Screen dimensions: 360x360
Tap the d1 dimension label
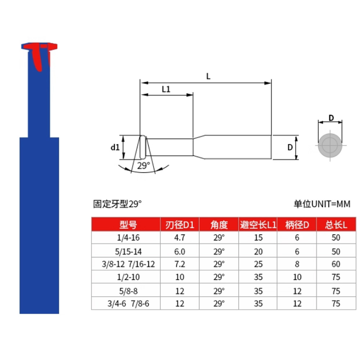(115, 147)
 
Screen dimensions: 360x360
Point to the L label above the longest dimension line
(208, 76)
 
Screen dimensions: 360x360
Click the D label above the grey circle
(331, 118)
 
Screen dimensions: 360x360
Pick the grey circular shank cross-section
(330, 145)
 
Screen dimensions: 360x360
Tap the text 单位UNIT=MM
(322, 204)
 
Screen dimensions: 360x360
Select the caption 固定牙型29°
(118, 204)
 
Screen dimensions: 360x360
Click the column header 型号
(126, 225)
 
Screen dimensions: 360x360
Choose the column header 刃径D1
(179, 225)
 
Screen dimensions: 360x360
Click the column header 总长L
(336, 225)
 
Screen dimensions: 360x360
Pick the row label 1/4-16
(126, 238)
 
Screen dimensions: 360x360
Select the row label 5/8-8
(126, 290)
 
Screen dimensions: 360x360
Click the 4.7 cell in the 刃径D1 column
(179, 238)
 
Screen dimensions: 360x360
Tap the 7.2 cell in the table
(179, 264)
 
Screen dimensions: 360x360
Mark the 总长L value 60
(336, 264)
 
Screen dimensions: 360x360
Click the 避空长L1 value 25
(258, 264)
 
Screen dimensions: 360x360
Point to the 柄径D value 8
(297, 264)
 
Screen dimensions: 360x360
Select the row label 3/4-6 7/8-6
(126, 303)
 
